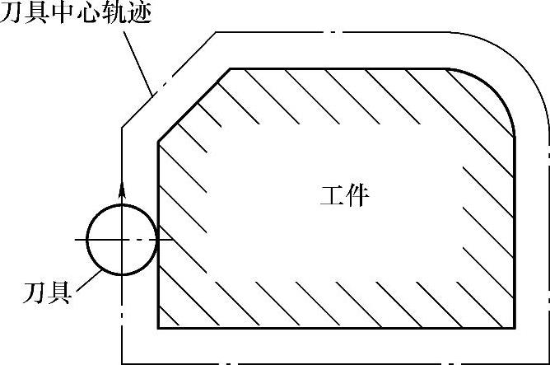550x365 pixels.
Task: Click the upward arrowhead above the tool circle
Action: click(122, 186)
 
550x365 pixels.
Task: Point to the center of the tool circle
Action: click(122, 239)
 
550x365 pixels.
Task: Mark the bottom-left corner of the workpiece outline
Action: click(157, 329)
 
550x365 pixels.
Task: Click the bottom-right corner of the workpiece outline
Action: click(514, 329)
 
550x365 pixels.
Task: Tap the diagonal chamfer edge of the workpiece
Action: click(193, 105)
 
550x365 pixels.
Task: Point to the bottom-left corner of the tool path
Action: click(122, 363)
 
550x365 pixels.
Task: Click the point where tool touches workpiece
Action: click(156, 239)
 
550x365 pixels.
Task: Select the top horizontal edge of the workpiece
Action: click(338, 68)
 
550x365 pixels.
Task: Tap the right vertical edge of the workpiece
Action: click(514, 231)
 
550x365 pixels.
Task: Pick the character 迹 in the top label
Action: click(139, 13)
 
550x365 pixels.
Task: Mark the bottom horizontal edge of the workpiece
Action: click(338, 329)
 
